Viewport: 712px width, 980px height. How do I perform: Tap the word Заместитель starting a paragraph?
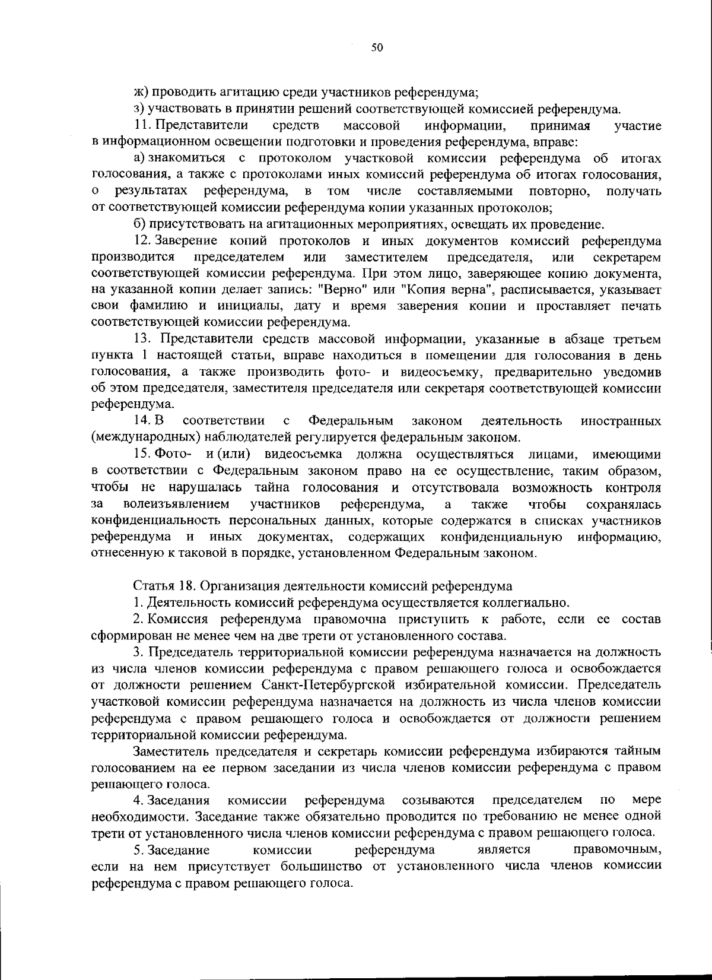[x=169, y=751]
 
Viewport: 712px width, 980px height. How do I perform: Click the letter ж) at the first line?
[x=140, y=93]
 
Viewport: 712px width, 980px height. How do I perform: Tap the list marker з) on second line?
[x=139, y=109]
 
